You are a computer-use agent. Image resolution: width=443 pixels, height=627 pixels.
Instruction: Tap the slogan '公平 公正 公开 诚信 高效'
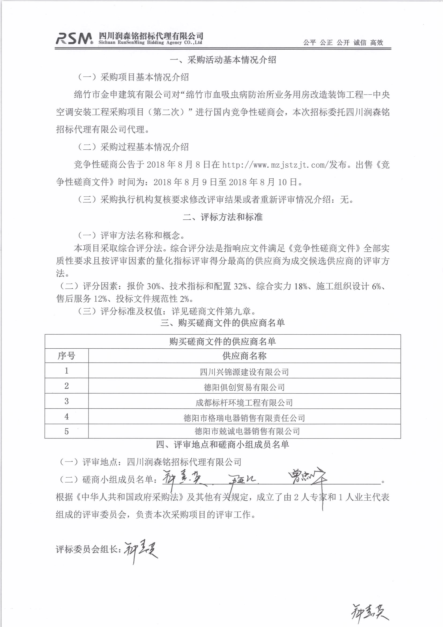[x=343, y=42]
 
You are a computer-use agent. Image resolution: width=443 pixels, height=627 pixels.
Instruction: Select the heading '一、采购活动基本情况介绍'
[x=223, y=60]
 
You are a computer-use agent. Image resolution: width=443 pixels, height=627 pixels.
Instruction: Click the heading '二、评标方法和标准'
[x=223, y=217]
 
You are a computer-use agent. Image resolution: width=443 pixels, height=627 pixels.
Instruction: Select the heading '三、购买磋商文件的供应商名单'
[x=222, y=323]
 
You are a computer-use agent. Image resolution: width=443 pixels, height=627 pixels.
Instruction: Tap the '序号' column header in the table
[x=66, y=356]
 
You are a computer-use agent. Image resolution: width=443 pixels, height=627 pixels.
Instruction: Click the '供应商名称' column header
[x=244, y=356]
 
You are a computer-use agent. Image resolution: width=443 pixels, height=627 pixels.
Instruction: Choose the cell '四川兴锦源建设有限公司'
[x=244, y=372]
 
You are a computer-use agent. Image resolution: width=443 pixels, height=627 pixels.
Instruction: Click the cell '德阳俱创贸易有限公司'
[x=244, y=387]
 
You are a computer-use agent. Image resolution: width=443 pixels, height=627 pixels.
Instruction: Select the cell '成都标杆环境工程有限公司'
[x=244, y=403]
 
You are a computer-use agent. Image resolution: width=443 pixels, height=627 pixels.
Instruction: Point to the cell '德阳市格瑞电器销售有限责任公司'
[x=244, y=418]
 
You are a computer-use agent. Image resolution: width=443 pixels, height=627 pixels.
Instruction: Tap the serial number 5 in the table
[x=66, y=431]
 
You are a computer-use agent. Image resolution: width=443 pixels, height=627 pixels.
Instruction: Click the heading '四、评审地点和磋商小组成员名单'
[x=222, y=445]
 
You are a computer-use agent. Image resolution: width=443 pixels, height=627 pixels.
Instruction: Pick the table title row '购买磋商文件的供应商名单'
[x=222, y=342]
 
